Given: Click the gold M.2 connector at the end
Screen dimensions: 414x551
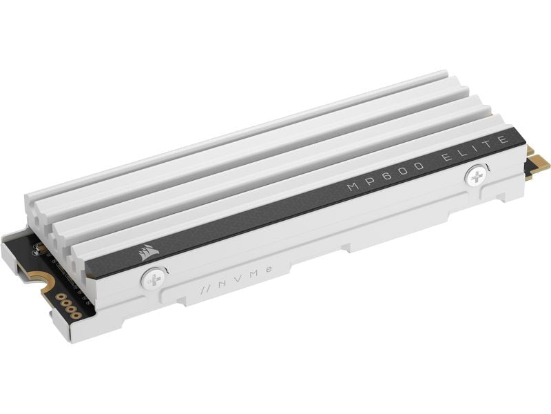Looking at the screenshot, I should (x=539, y=163).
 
